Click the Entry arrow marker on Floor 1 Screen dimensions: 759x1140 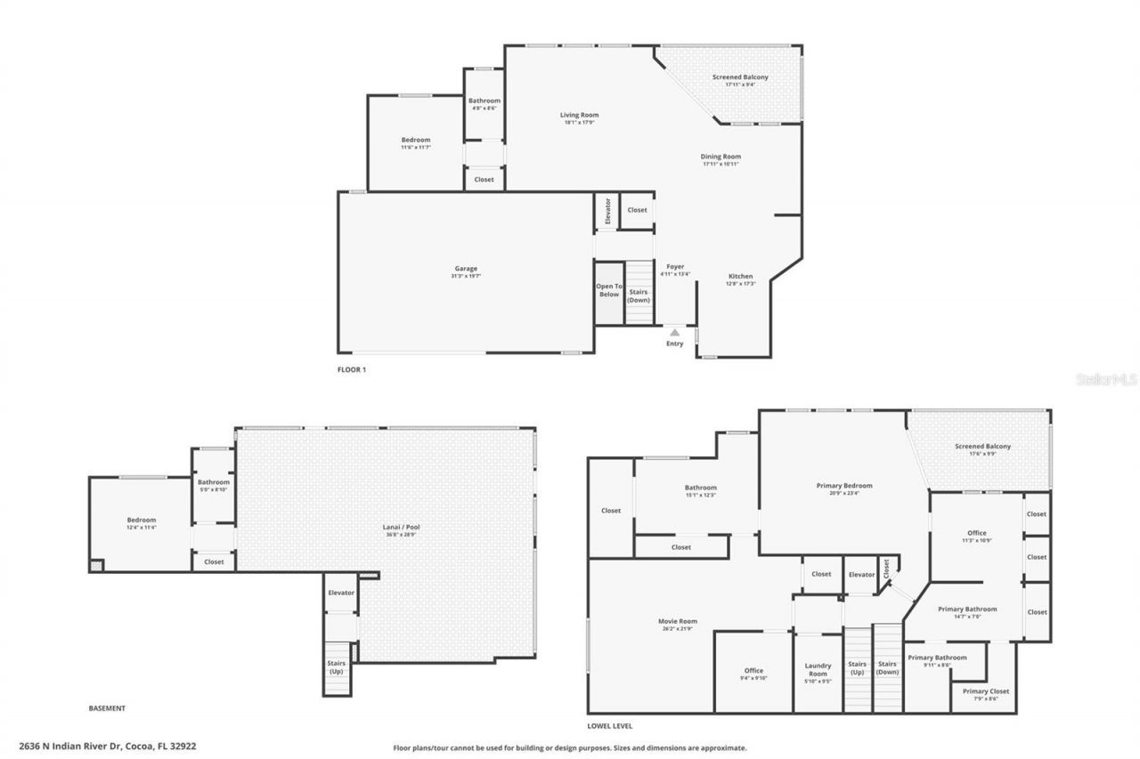674,333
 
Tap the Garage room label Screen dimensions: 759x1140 465,269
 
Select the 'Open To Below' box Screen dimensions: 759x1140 609,291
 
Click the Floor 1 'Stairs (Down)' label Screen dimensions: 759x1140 639,295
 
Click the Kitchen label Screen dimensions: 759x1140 741,276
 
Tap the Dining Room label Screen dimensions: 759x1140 721,157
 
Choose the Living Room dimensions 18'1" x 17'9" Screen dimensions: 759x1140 579,122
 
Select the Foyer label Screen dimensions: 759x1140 675,266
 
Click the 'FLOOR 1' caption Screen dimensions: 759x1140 352,369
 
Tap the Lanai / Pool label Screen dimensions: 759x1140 401,527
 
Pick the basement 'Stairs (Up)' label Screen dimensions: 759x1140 337,667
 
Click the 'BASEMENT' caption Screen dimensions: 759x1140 107,708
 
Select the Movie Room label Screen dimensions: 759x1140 679,621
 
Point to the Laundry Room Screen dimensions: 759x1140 818,669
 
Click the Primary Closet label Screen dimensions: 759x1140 986,691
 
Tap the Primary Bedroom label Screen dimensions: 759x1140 844,486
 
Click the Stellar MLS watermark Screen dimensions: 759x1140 1106,379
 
